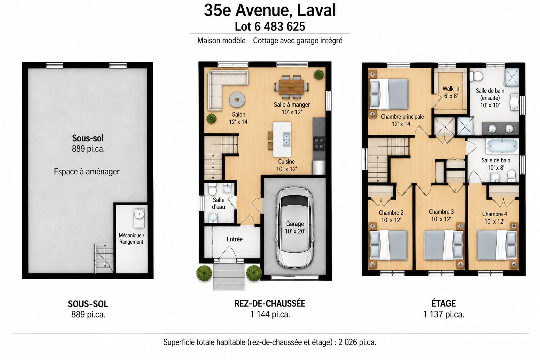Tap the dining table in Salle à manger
(x=291, y=87)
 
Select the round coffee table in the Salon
(x=237, y=99)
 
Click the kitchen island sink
(x=286, y=139)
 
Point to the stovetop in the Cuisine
(x=319, y=144)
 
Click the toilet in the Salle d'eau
(x=212, y=189)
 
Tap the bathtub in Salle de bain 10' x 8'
(x=502, y=146)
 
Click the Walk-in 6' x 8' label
(x=451, y=92)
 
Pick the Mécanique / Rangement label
(x=131, y=238)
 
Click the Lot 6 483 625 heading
(x=270, y=26)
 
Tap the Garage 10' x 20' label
(x=295, y=227)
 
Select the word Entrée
(x=234, y=239)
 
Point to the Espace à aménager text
(x=87, y=172)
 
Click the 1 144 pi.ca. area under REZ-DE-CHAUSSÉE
(x=270, y=314)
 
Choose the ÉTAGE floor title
(x=444, y=303)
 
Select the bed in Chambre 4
(x=497, y=245)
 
